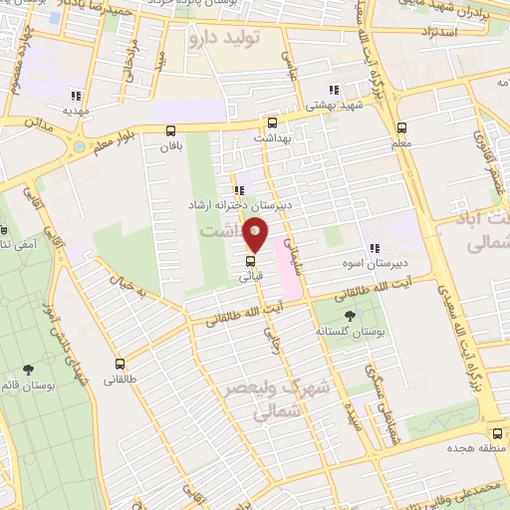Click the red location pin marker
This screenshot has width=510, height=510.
coord(256,236)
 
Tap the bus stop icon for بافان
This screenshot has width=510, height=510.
coord(170,130)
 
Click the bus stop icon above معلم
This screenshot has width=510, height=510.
coord(401,127)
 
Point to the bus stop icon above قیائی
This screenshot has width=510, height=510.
coord(250,263)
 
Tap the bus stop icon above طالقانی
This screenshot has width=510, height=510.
coord(120,364)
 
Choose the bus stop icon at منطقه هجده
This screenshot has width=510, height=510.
coord(497,432)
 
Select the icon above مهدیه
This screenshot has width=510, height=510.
coord(75,97)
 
